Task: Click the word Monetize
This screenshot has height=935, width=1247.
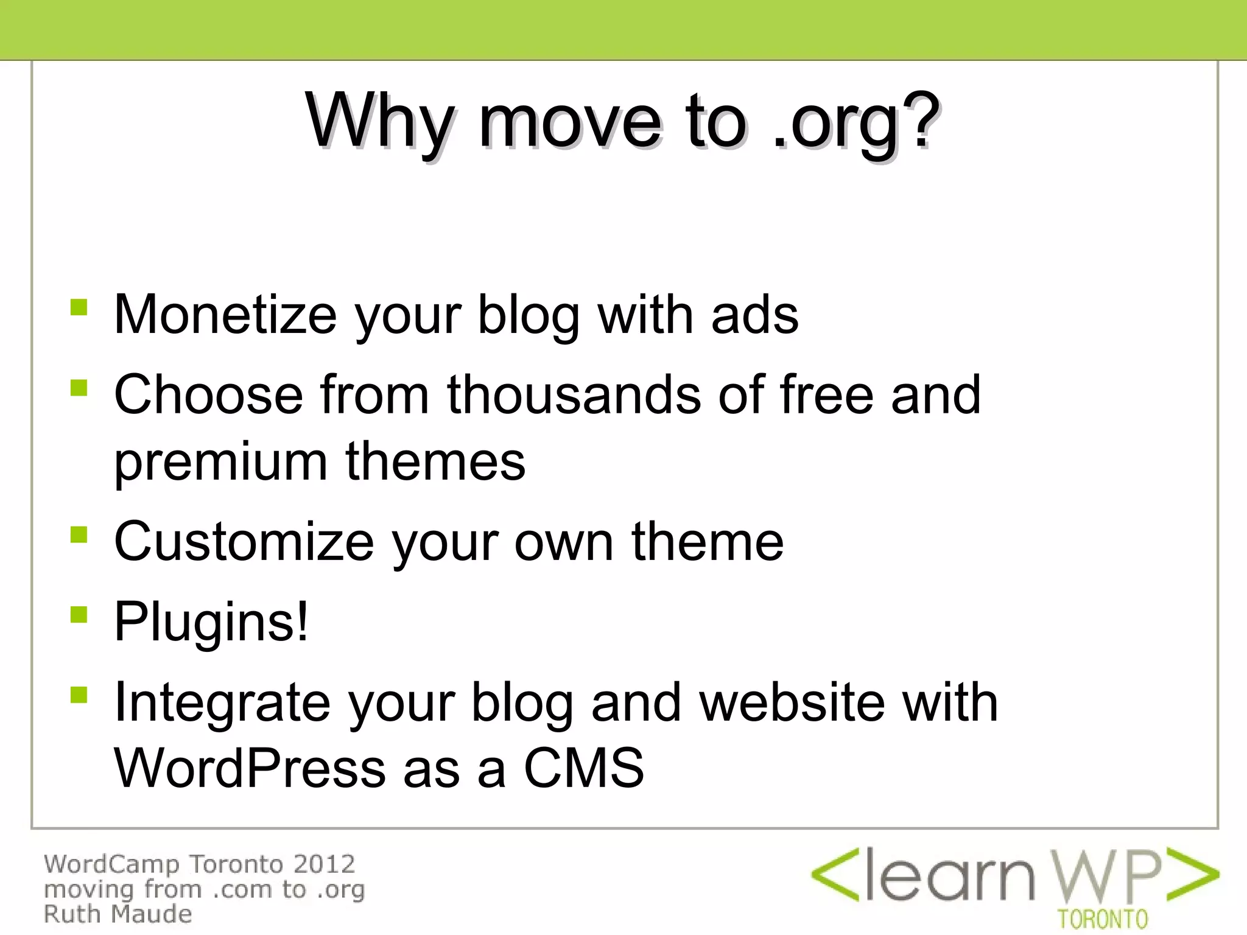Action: coord(225,315)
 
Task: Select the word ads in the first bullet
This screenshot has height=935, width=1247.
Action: coord(754,315)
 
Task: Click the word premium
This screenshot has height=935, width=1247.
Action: coord(220,463)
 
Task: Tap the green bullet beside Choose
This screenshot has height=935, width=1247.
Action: coord(79,387)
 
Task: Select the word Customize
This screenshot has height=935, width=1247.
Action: coord(244,542)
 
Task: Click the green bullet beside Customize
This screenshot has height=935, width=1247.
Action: coord(79,534)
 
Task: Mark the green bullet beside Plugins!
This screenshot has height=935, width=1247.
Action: coord(79,614)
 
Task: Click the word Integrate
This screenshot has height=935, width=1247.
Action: coord(222,703)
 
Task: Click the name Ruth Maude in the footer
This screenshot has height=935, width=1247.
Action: coord(118,914)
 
